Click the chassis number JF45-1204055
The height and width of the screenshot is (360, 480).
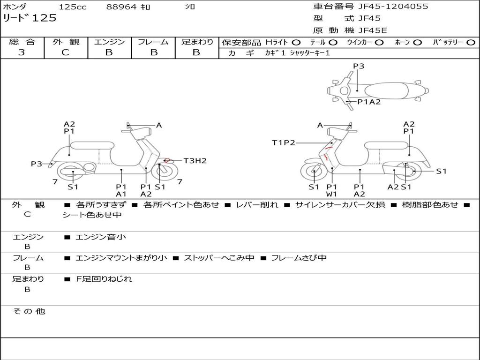(393, 7)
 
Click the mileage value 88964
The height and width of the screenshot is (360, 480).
(121, 7)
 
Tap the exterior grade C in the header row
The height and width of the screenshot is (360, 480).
(66, 52)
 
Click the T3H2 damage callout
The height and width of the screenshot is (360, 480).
(195, 161)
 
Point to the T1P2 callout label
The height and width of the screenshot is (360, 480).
(284, 142)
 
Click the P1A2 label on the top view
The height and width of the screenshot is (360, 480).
(369, 102)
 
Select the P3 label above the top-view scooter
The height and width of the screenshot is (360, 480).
(359, 66)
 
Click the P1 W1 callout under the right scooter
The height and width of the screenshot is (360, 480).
(331, 190)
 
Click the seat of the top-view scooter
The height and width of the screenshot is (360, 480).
(386, 90)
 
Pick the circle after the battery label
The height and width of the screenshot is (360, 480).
(471, 43)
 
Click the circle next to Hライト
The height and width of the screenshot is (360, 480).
(296, 43)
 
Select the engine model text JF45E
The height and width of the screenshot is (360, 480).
(373, 30)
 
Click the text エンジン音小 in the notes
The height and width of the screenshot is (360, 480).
(100, 237)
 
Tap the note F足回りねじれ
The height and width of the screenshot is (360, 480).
(104, 279)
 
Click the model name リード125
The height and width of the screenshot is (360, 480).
(30, 18)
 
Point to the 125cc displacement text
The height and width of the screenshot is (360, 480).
(73, 7)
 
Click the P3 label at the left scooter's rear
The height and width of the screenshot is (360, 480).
(37, 164)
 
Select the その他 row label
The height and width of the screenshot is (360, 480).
(29, 311)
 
